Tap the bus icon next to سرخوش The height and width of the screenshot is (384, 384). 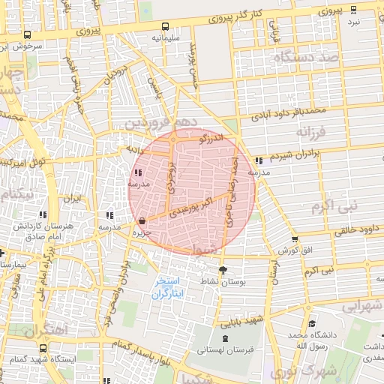28,35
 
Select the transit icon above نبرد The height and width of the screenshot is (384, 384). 353,10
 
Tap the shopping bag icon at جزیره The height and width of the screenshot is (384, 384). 142,220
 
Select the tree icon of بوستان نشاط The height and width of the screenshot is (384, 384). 222,270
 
